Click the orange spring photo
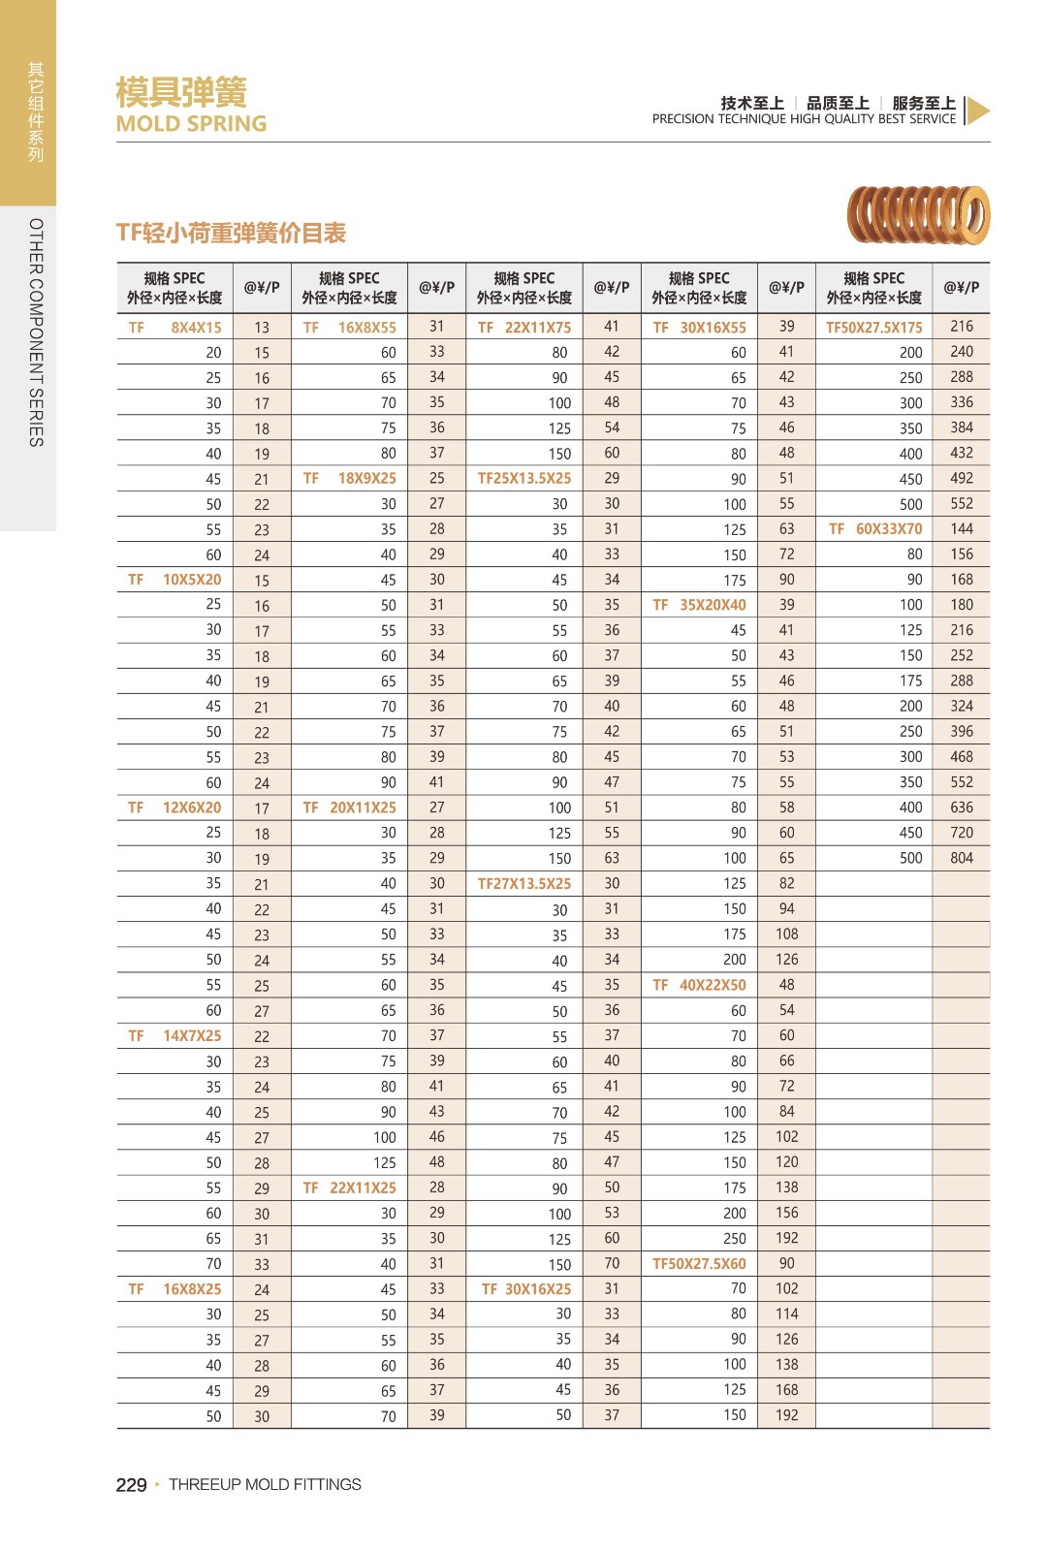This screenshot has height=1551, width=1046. [918, 214]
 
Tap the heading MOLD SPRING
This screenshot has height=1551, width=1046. [191, 124]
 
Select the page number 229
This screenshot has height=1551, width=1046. [131, 1485]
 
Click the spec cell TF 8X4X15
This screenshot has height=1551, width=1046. [175, 328]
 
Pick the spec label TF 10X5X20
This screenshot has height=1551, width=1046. [175, 580]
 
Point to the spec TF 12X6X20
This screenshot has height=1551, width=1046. [175, 807]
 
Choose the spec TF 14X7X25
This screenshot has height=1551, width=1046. [175, 1035]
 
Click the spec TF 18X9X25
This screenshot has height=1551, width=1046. [350, 479]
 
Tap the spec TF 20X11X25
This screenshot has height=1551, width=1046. [350, 807]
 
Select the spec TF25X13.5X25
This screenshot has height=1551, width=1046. [524, 479]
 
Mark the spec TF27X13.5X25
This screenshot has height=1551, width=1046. [524, 884]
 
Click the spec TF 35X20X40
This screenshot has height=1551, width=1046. [699, 605]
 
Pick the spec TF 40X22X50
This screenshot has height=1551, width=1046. [699, 985]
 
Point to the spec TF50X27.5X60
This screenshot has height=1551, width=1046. [699, 1264]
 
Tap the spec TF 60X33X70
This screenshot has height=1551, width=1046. [874, 529]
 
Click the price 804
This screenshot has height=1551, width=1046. [962, 858]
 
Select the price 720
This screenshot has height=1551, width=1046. [962, 833]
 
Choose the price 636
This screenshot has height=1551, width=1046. [962, 807]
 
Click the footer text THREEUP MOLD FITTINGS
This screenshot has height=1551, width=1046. [265, 1485]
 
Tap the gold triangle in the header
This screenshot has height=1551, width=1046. [977, 111]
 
